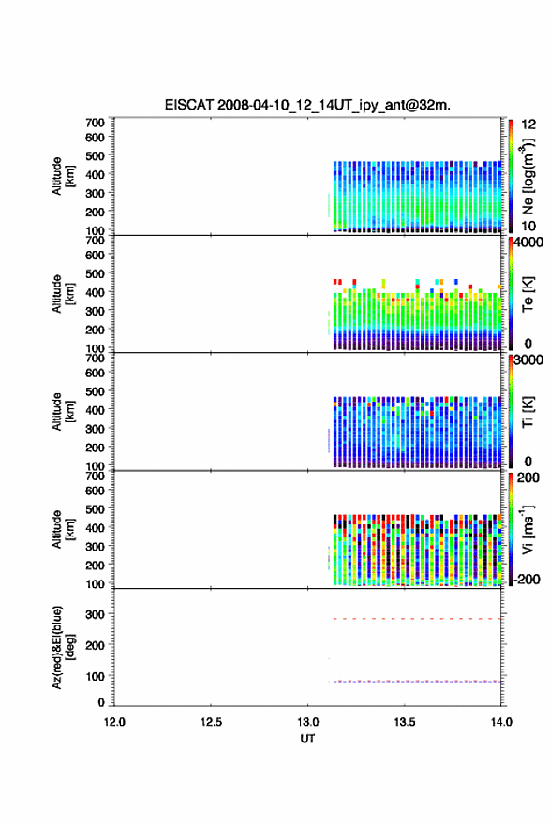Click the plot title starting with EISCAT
point(307,105)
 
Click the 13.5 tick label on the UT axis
point(404,722)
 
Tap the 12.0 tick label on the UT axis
point(114,722)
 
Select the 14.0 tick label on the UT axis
point(501,722)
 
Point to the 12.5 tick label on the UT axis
point(211,722)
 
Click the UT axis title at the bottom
point(308,739)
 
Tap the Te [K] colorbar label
point(528,294)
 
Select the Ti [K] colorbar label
point(528,412)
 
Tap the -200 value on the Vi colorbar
point(525,579)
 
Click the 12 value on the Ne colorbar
point(528,125)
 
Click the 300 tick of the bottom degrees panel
point(95,614)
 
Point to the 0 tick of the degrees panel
point(101,702)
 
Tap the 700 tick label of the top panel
point(95,123)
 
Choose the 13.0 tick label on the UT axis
point(308,722)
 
